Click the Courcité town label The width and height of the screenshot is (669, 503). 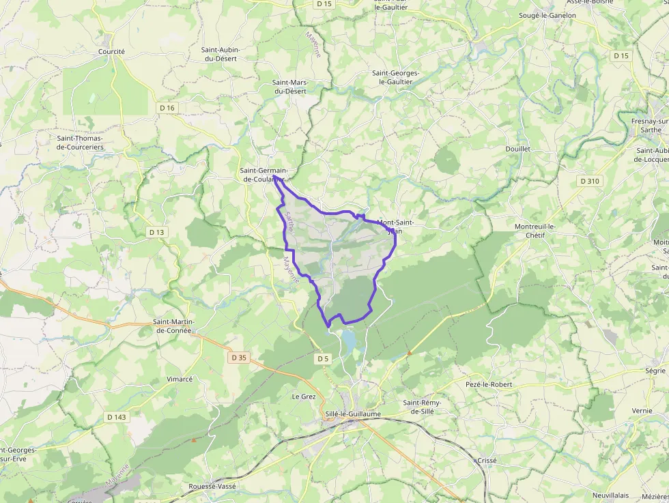[x=111, y=51]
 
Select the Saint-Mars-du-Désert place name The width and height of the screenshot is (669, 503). [x=290, y=87]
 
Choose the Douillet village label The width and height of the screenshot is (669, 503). [x=518, y=149]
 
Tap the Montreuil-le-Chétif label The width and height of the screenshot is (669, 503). [x=535, y=231]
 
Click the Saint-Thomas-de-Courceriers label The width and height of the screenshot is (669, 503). [x=80, y=142]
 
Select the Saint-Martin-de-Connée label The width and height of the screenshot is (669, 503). [x=173, y=326]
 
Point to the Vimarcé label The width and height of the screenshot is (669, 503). [x=180, y=379]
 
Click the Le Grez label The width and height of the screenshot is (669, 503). [x=304, y=396]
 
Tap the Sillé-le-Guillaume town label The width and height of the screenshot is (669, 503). [x=354, y=414]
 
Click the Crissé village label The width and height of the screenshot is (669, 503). [x=487, y=461]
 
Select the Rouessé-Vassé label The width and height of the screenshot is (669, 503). [x=213, y=486]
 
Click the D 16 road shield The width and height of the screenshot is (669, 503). [x=167, y=108]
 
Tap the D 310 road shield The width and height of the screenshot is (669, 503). [x=589, y=181]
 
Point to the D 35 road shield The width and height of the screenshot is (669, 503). [x=239, y=357]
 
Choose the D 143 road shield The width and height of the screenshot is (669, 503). [x=116, y=417]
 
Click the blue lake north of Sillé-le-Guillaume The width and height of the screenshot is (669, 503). [x=348, y=340]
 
